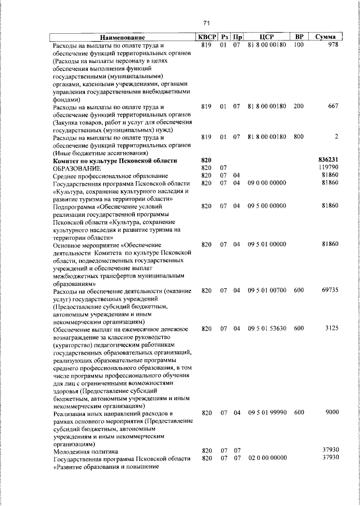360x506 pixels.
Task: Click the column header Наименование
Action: point(123,37)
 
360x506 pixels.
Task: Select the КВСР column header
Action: point(206,37)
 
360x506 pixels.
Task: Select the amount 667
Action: point(332,106)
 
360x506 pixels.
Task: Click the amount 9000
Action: point(331,413)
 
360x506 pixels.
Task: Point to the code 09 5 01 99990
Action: point(267,413)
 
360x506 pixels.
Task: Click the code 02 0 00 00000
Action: point(267,459)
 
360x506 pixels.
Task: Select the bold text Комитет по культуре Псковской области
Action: point(115,160)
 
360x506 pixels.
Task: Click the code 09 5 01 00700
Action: point(267,291)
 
